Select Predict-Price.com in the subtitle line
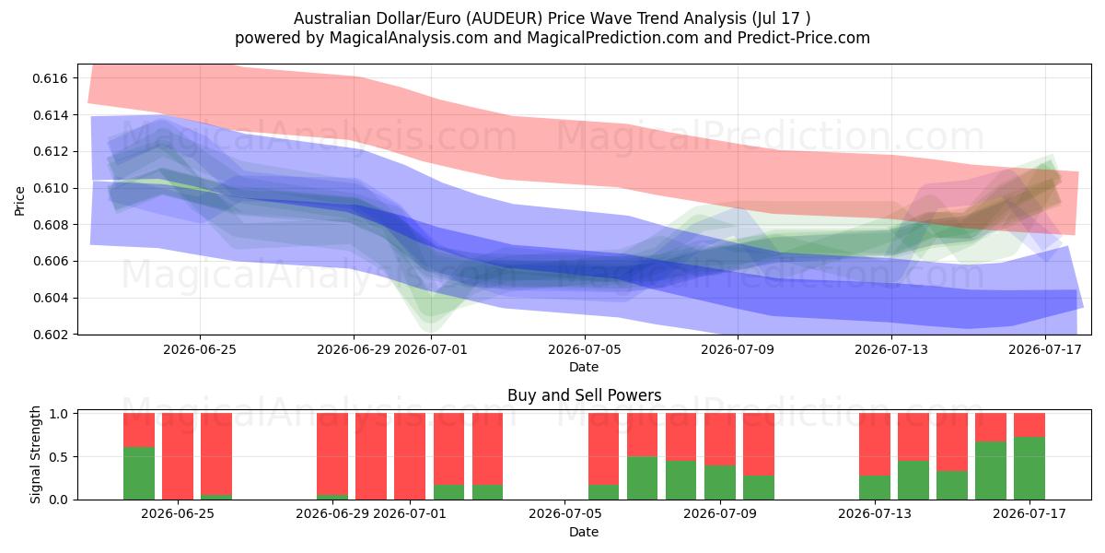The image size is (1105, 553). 804,38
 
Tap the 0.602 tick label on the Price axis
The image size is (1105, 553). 51,335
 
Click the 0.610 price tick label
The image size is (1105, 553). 51,188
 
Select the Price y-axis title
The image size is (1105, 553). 19,201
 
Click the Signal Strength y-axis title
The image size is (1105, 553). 35,454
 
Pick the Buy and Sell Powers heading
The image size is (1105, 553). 584,395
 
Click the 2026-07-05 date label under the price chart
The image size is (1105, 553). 585,349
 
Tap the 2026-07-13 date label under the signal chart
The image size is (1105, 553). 875,514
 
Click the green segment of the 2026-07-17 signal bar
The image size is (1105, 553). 1029,468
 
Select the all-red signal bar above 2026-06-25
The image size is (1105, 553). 178,456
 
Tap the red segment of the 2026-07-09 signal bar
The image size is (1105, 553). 720,440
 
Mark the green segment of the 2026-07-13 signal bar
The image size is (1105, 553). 875,488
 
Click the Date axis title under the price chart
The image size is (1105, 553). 584,368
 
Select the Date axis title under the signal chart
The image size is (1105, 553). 584,533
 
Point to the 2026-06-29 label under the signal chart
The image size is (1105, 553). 332,514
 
